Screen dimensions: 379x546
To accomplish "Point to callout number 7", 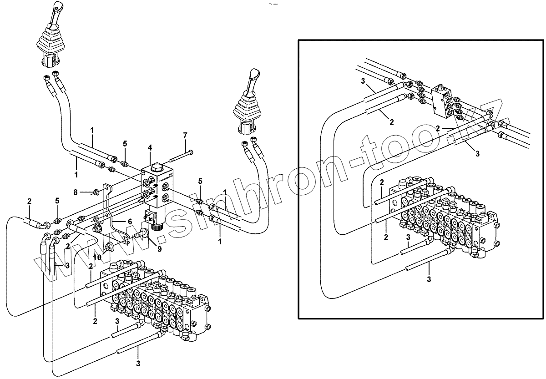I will tap(185, 136).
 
